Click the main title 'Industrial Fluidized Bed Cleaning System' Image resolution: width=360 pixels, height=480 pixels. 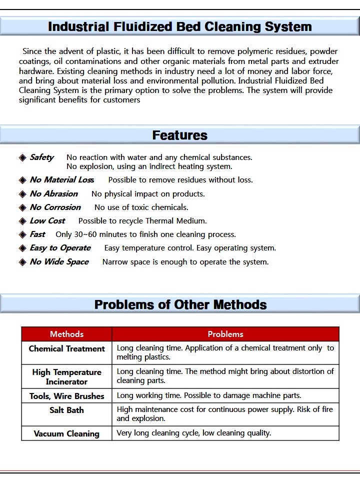point(180,26)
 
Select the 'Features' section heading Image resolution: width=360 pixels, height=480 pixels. point(180,135)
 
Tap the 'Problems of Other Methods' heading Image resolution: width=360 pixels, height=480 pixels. point(180,304)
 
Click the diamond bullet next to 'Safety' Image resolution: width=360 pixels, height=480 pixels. point(22,158)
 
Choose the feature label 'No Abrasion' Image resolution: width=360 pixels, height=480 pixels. point(54,193)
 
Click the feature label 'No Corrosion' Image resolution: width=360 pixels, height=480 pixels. point(55,207)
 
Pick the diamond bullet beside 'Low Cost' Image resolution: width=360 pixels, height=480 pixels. point(22,221)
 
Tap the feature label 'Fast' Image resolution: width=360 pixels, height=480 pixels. point(37,234)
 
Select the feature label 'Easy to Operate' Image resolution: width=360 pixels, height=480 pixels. point(60,248)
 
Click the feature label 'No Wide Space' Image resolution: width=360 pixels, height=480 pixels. point(59,262)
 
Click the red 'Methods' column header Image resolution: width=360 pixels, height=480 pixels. point(67,334)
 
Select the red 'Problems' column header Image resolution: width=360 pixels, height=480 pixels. point(225,334)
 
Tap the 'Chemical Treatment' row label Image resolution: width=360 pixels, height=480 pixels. point(67,349)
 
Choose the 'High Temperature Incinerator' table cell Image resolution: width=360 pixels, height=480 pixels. point(67,377)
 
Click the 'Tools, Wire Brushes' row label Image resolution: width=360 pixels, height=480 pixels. point(67,396)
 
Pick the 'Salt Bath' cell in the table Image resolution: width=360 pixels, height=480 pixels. point(67,410)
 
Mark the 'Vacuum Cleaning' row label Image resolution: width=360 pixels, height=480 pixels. point(67,433)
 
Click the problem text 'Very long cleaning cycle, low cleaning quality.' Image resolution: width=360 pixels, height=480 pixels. point(194,433)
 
